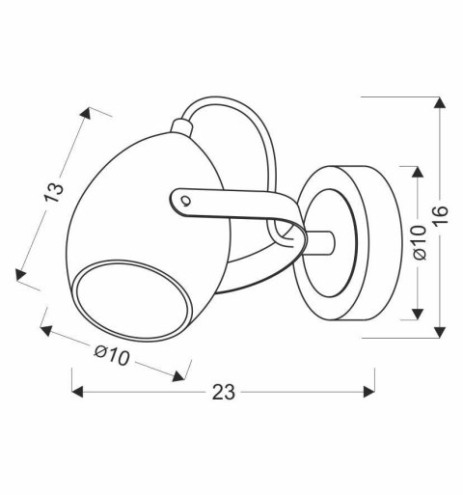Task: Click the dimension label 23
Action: (224, 392)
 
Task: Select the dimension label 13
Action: (54, 192)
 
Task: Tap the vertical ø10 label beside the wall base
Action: (420, 241)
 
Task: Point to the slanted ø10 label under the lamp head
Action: (112, 355)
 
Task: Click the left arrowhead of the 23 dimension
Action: (77, 392)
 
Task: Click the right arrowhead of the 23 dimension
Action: (368, 392)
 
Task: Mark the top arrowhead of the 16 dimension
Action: (440, 102)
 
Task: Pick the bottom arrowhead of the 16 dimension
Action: (440, 332)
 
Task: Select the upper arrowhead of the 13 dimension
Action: (86, 112)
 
